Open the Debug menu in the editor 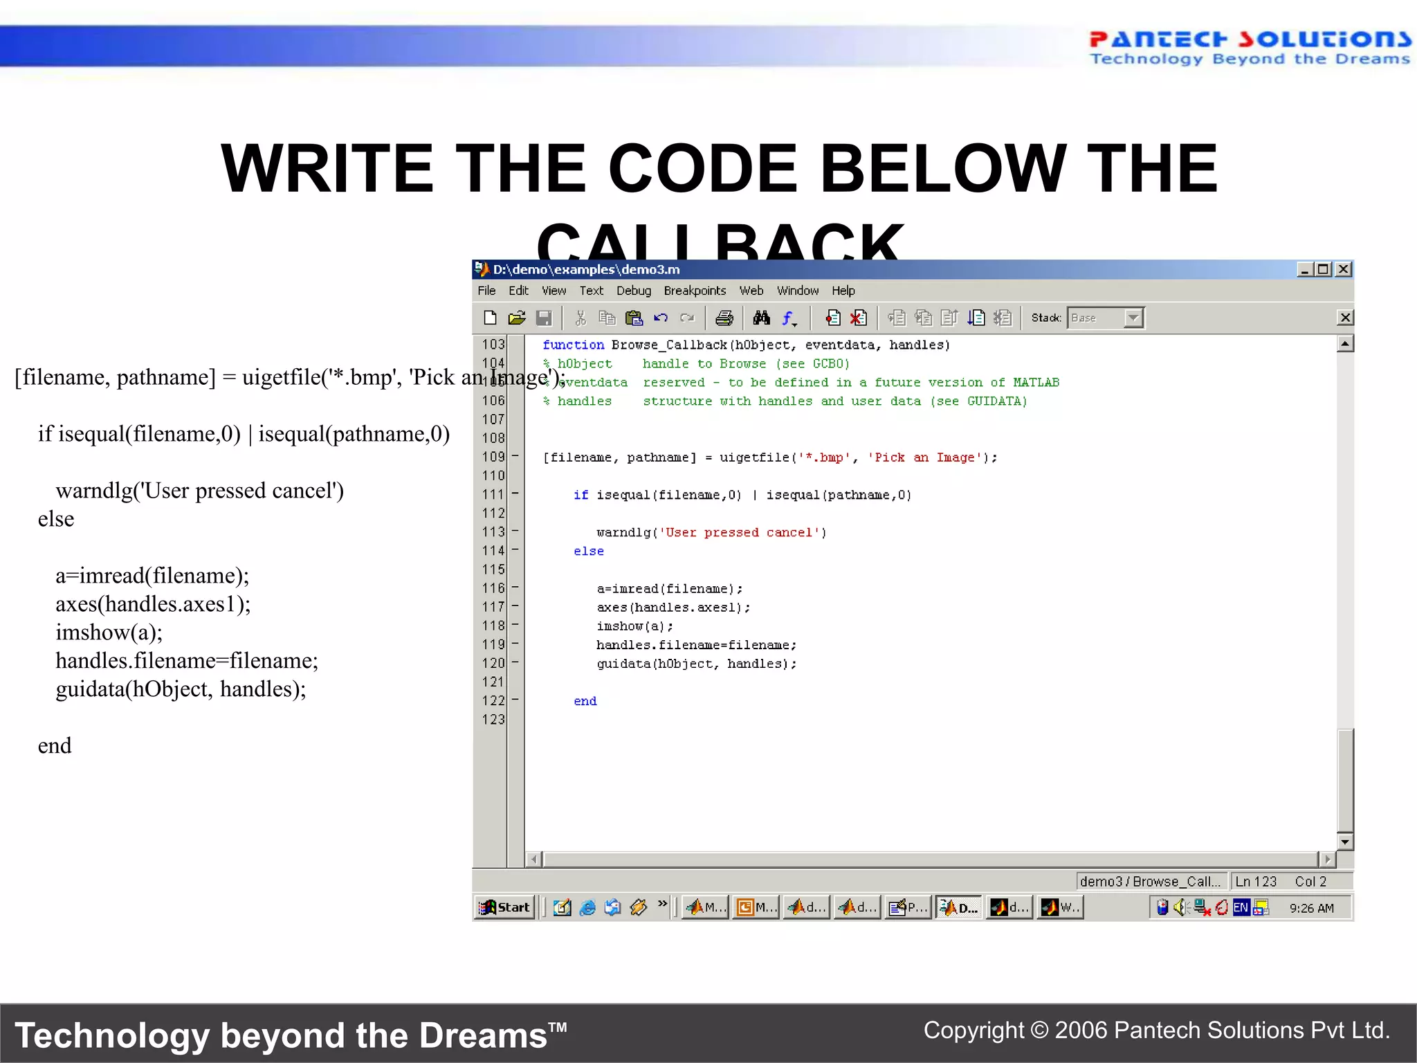click(633, 291)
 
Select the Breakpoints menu click(695, 291)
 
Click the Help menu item click(843, 291)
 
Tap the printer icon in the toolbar click(724, 318)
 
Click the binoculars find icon click(761, 318)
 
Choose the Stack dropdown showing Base click(1105, 318)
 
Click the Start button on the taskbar click(505, 907)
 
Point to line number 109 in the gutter click(493, 457)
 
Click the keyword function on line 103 click(573, 345)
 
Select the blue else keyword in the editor click(588, 551)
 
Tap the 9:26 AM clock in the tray click(1311, 908)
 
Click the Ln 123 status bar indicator click(1255, 881)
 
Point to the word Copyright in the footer click(973, 1030)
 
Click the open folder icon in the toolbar click(516, 318)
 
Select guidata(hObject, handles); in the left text click(181, 689)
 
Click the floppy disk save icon click(544, 318)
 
